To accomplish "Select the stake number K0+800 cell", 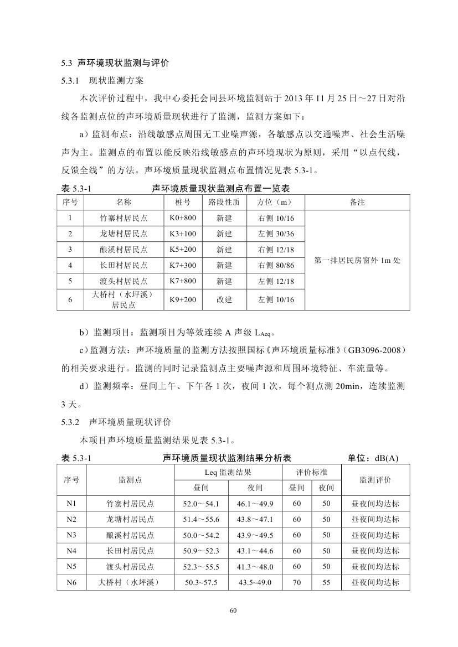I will [182, 218].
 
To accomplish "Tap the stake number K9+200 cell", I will [182, 299].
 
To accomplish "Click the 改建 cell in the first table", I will [224, 299].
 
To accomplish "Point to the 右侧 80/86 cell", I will [275, 265].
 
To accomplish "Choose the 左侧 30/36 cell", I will [275, 234].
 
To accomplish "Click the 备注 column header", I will [357, 203].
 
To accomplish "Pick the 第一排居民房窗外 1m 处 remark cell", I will [357, 260].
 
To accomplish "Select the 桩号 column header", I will [182, 203].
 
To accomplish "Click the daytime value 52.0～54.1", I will [201, 504].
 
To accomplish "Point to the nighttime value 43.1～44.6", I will [255, 551].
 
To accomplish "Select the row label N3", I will [71, 535].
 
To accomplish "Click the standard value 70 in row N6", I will [297, 582].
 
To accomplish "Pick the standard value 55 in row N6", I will [326, 582].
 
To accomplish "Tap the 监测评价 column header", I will [375, 480].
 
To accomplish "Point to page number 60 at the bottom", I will [233, 610].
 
